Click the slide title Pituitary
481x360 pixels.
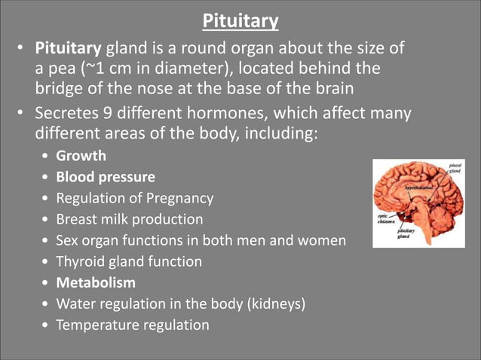point(240,20)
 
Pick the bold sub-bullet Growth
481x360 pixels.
point(81,157)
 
